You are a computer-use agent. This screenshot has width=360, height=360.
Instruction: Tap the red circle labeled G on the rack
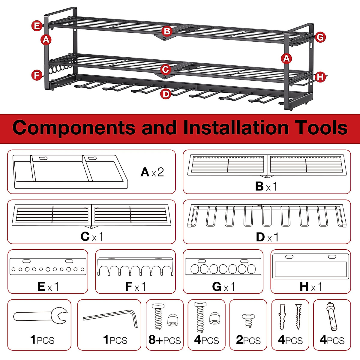click(320, 37)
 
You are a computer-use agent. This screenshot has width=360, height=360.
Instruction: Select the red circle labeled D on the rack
click(166, 94)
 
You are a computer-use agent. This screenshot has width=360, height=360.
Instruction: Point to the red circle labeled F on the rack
click(37, 75)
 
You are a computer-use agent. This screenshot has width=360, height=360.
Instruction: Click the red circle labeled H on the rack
click(320, 77)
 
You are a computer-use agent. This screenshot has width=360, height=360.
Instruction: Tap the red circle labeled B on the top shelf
click(167, 31)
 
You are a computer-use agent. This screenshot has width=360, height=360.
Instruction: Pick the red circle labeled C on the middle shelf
click(165, 70)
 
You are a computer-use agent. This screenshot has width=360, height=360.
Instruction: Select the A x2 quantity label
click(152, 172)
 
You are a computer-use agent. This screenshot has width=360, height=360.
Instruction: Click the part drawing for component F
click(135, 266)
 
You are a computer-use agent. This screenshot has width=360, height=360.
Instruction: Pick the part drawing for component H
click(311, 266)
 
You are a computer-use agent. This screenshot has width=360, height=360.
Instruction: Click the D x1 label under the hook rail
click(267, 237)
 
